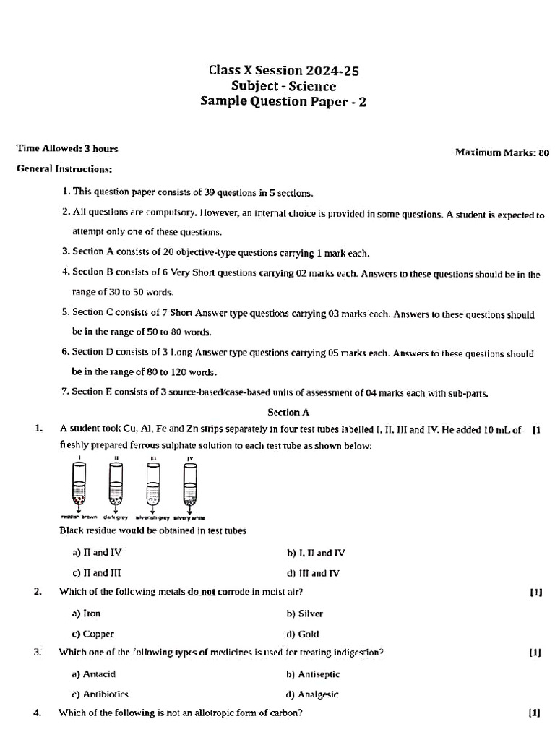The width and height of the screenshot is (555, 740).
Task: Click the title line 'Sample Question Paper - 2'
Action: [x=283, y=102]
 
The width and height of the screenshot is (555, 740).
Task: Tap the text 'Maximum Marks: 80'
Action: [x=502, y=152]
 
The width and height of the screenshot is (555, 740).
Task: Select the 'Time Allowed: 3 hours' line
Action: [x=67, y=149]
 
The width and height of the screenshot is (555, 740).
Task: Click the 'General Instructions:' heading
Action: [x=64, y=169]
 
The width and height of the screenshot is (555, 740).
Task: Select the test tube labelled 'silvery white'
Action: [x=190, y=483]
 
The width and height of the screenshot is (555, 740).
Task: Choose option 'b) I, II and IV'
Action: [x=316, y=553]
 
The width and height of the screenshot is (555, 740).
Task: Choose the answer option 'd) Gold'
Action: [x=303, y=634]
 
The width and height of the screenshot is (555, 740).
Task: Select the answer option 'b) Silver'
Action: [x=305, y=614]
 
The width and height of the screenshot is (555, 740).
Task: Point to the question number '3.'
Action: [x=38, y=653]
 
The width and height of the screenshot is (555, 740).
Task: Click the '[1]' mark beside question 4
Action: [x=535, y=713]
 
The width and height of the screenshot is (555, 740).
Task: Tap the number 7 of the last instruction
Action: [x=65, y=392]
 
